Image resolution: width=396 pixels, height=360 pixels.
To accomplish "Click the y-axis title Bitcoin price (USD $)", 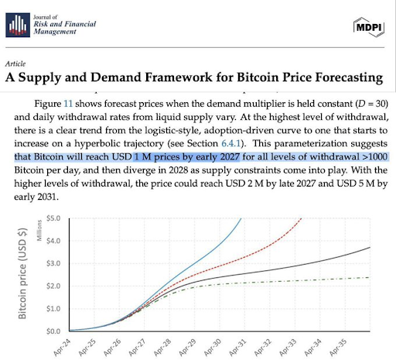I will (22, 275).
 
